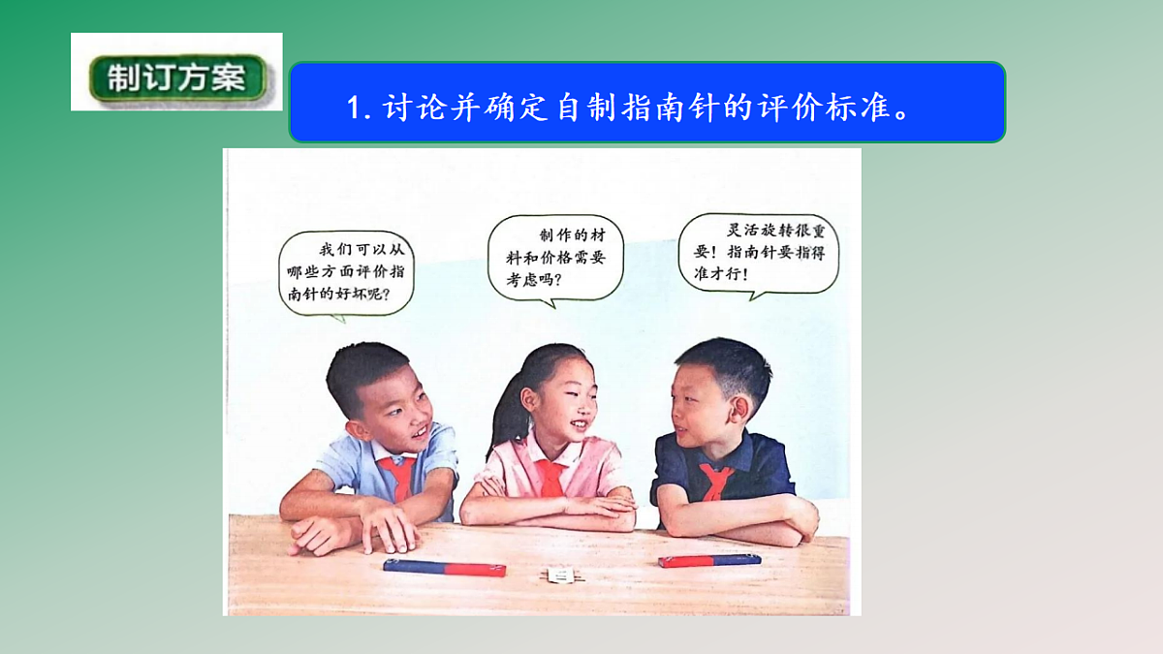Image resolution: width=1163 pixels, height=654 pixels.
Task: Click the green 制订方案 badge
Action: pos(176,78)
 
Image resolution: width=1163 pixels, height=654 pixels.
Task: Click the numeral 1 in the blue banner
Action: pos(354,107)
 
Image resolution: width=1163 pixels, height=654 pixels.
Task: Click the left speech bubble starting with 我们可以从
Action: pos(346,271)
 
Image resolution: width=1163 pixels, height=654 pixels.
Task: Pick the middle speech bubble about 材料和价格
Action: pos(555,258)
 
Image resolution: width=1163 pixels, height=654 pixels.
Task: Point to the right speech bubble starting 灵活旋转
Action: pos(758,254)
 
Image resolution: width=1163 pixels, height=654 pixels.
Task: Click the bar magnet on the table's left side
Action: pos(444,567)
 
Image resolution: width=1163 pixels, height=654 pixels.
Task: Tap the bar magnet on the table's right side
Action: pos(709,560)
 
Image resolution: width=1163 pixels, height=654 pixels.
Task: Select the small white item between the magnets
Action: pos(559,576)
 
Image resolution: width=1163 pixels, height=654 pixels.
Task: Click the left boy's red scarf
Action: pos(396,477)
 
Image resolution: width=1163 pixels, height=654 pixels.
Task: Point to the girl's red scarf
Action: pos(550,478)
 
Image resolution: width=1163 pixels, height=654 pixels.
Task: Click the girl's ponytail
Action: pos(504,426)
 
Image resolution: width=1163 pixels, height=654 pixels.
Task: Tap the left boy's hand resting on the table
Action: pos(388,530)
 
